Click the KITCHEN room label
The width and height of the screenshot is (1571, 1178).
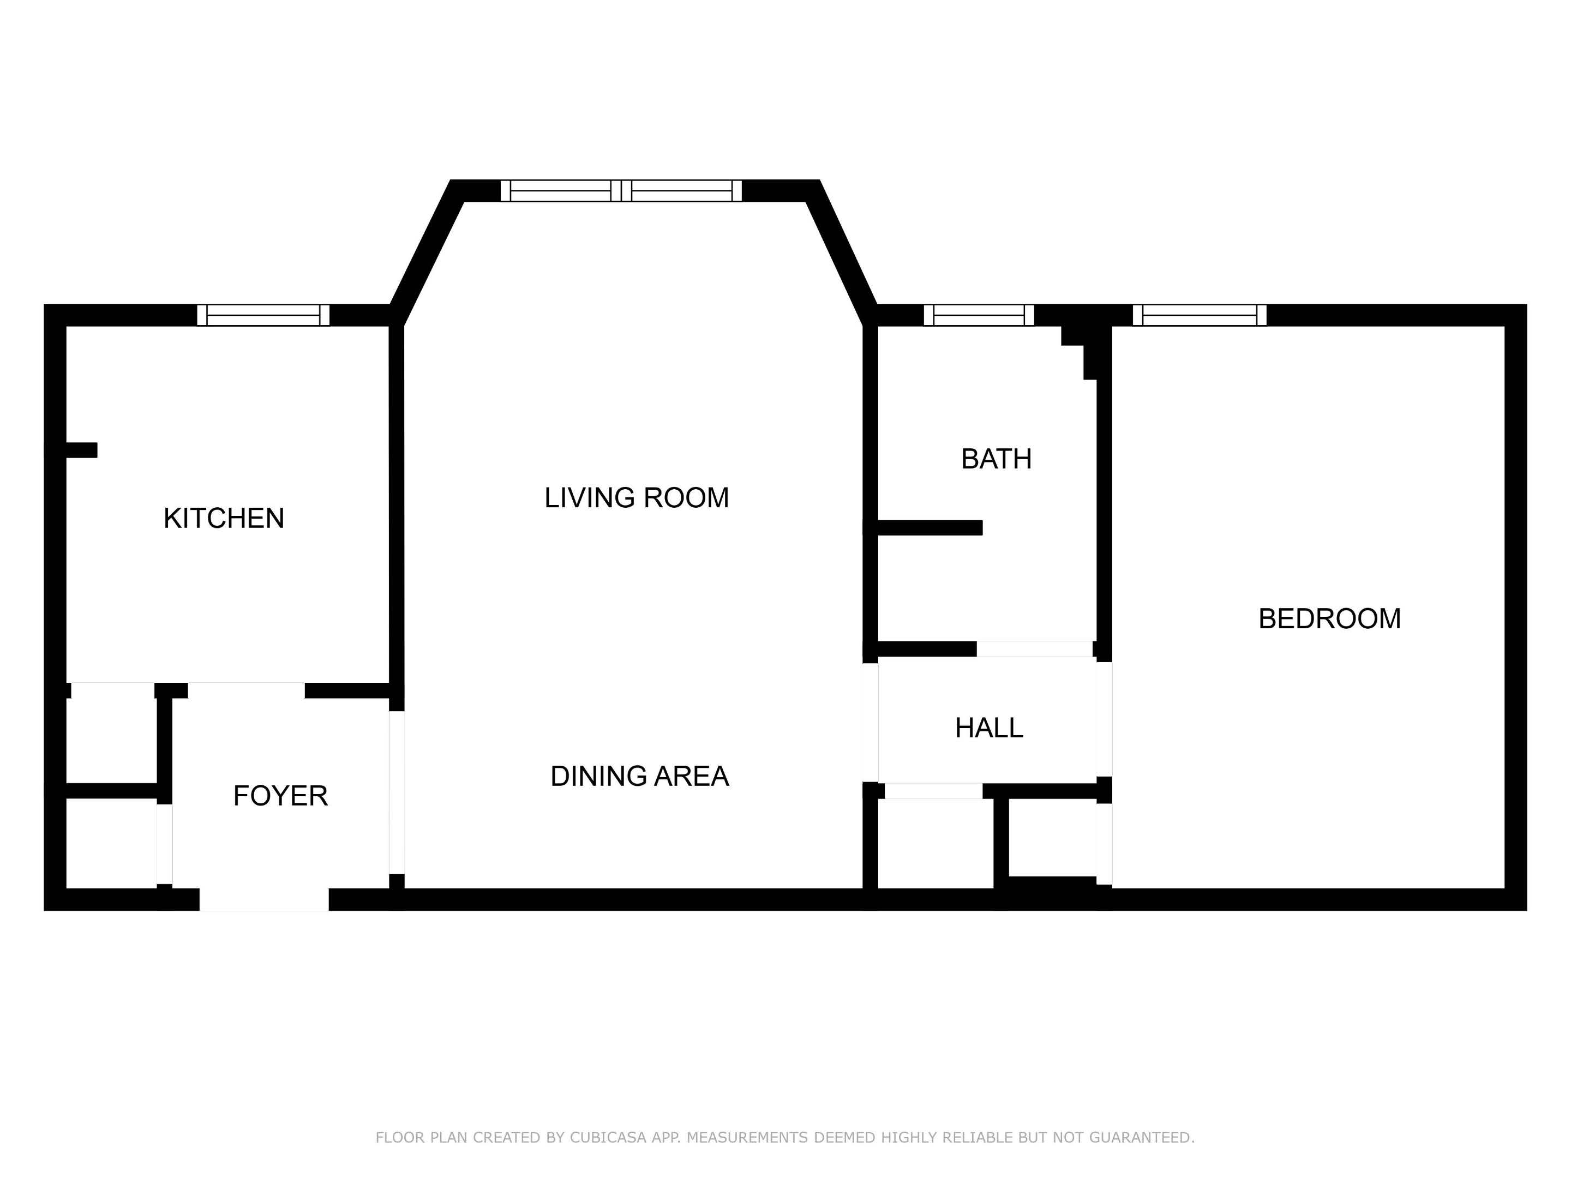click(224, 518)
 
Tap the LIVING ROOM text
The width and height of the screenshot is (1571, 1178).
click(637, 498)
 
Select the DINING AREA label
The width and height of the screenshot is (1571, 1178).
click(639, 776)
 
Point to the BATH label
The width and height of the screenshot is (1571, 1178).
click(996, 459)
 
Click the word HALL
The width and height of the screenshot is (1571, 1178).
click(988, 728)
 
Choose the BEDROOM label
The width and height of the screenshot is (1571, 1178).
click(1329, 618)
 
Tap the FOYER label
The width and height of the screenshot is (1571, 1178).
click(280, 796)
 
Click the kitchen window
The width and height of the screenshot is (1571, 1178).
click(263, 315)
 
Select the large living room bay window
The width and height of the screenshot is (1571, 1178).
click(621, 191)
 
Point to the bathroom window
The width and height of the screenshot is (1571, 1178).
click(979, 315)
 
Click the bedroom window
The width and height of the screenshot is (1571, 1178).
click(1199, 315)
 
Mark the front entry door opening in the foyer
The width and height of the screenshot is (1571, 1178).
click(263, 899)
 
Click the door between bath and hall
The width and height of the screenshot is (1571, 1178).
click(1034, 649)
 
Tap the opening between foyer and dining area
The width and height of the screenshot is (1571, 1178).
click(397, 792)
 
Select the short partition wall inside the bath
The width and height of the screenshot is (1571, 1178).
click(929, 527)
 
